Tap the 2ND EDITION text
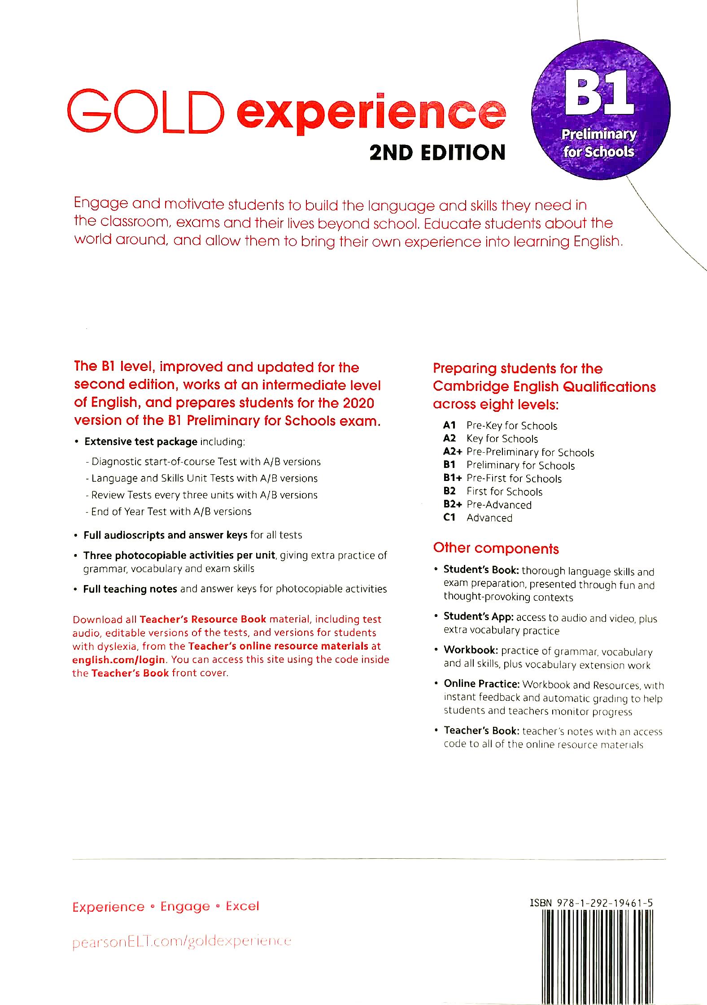[x=437, y=153]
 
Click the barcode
[x=597, y=956]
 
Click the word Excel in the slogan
[x=242, y=906]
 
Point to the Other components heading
[x=496, y=548]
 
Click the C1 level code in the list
[x=449, y=517]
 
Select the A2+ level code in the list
[x=452, y=452]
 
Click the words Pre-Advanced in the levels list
[x=499, y=504]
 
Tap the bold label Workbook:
[x=471, y=650]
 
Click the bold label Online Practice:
[x=481, y=684]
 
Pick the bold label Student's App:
[x=478, y=616]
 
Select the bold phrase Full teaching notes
[x=130, y=589]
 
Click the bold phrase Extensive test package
[x=141, y=441]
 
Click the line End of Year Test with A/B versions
[x=171, y=511]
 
